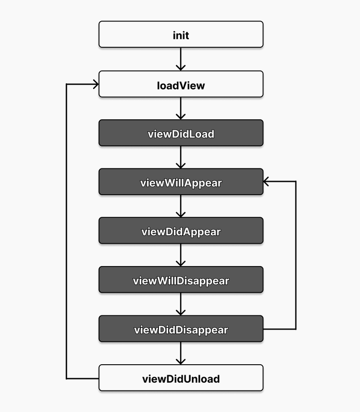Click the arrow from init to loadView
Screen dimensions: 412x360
181,59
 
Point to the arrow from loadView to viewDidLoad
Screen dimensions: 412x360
181,108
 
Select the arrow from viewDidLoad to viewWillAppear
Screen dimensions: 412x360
181,157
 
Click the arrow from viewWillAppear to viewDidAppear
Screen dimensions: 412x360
181,205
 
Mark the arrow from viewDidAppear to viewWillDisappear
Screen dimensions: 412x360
181,255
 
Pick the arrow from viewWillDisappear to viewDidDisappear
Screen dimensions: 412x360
181,304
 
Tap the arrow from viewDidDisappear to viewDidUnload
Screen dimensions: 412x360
181,353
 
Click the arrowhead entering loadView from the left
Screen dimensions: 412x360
95,84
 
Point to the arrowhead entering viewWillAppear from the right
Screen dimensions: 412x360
266,181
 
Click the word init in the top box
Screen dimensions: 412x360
181,35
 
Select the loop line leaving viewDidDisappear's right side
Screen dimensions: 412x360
296,257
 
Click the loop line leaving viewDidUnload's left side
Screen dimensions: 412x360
67,231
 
